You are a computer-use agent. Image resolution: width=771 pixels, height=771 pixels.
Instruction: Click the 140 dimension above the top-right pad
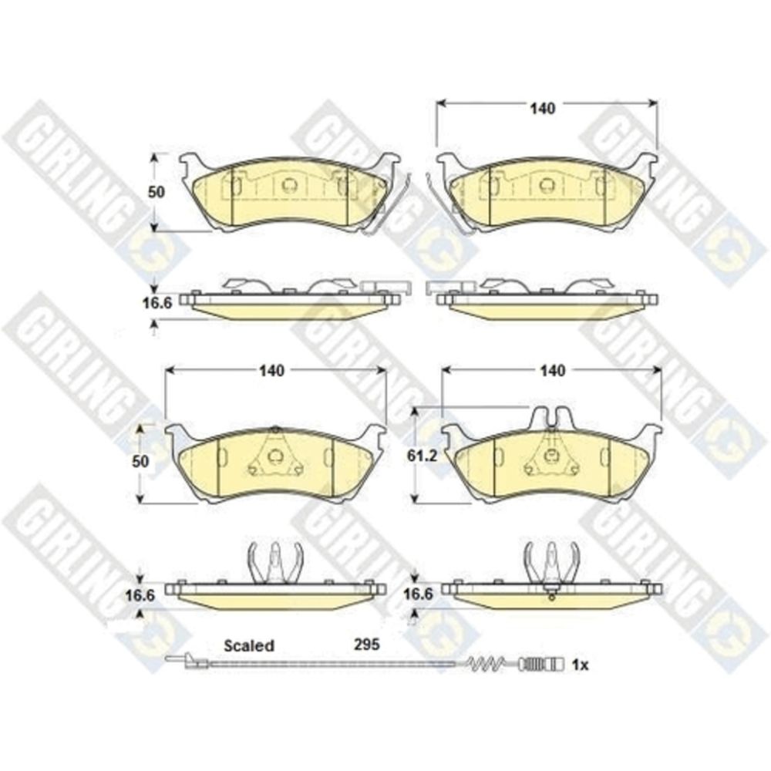pos(542,108)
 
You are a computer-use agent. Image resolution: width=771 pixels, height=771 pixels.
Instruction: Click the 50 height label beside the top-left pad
pos(157,192)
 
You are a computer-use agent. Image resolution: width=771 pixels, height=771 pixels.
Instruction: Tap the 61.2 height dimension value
pos(422,456)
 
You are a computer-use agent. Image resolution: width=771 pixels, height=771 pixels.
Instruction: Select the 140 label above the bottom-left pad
pos(271,370)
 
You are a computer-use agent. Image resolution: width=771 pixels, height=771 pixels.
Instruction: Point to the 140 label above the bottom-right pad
pos(552,370)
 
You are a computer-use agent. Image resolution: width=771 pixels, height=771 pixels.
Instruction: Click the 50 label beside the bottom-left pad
pos(140,461)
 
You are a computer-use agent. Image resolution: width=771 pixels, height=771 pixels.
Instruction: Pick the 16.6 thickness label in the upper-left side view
pos(157,303)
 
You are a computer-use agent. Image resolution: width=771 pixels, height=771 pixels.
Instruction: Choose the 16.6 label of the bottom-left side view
pos(140,595)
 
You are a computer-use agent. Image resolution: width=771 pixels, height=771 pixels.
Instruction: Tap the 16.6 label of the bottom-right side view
pos(418,594)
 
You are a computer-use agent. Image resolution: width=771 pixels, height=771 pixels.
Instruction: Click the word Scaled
pos(249,645)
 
